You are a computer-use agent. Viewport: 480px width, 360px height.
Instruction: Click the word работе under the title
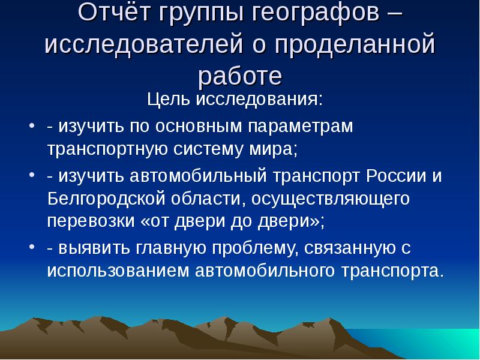point(239,76)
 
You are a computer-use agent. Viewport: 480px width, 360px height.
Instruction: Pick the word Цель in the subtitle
point(169,98)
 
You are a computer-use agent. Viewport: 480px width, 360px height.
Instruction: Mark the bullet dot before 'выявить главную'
point(32,247)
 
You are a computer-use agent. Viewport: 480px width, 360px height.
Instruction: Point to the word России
point(395,176)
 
